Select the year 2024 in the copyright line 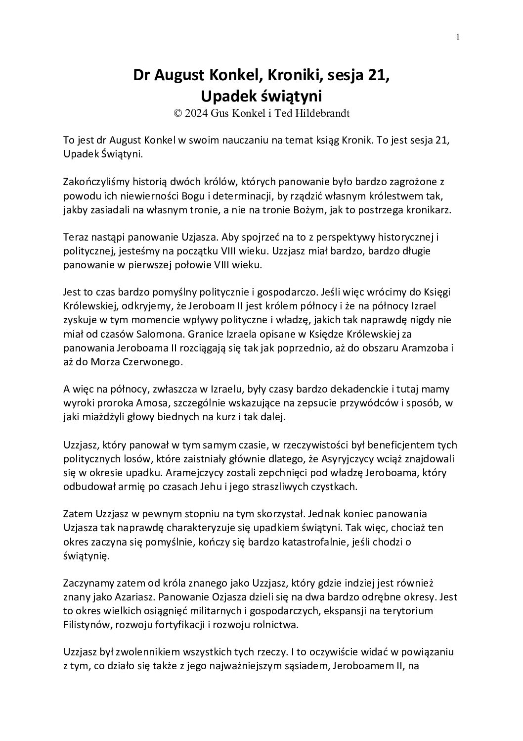pos(197,113)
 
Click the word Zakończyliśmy pos(94,183)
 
